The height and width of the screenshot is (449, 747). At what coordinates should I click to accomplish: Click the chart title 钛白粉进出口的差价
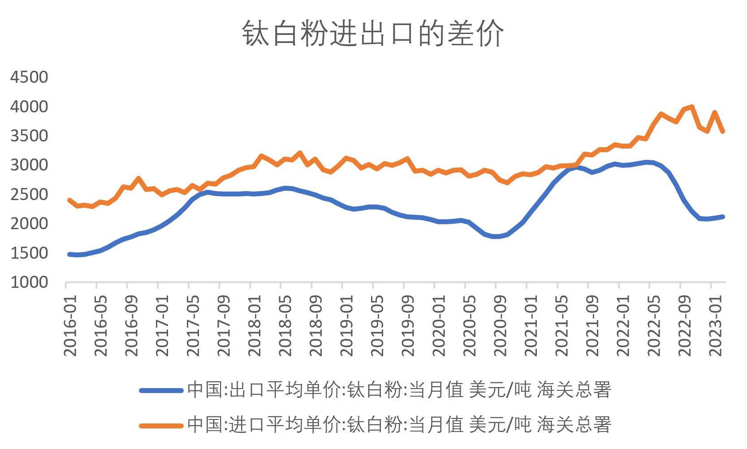tap(373, 34)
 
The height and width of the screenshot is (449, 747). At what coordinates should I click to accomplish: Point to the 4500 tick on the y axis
tap(29, 77)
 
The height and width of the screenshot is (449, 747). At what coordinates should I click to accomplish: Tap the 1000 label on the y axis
tap(29, 282)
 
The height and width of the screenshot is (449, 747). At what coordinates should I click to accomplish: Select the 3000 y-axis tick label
tap(29, 165)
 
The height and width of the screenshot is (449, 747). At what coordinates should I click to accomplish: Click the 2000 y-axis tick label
tap(29, 224)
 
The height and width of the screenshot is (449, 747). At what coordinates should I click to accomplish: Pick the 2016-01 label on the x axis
tap(70, 325)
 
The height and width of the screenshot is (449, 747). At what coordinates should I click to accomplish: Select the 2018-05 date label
tap(285, 325)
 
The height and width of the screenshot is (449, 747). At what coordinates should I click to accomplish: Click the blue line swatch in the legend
tap(161, 390)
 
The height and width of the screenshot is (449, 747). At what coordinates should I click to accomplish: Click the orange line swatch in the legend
tap(161, 425)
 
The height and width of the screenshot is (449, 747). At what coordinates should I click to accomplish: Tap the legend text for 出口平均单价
tap(399, 390)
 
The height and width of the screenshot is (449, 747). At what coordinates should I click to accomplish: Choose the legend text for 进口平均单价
tap(399, 424)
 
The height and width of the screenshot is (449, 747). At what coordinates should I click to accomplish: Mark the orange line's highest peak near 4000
tap(692, 107)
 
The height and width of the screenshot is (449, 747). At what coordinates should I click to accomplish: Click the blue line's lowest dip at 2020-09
tap(496, 236)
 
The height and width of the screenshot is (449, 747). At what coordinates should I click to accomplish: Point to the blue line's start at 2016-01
tap(69, 254)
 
